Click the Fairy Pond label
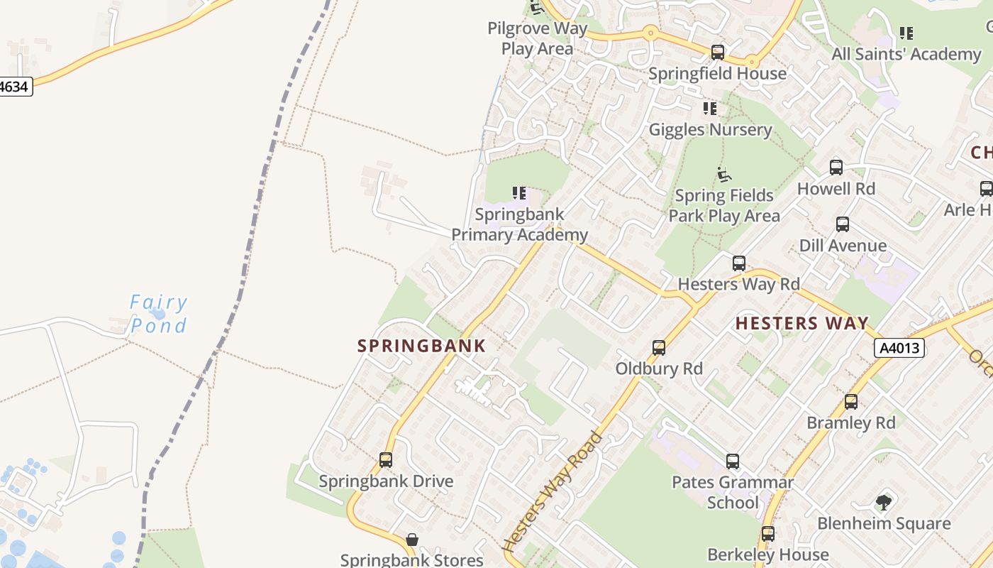click(159, 314)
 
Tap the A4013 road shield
click(900, 348)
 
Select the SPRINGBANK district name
click(422, 346)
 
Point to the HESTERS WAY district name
click(801, 324)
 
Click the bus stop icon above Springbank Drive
click(386, 459)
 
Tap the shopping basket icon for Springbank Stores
click(411, 540)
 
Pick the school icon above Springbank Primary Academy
click(519, 192)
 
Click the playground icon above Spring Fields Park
click(723, 174)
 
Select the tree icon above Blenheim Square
click(883, 503)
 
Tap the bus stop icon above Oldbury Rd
click(659, 348)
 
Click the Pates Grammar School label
click(733, 492)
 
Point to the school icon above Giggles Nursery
click(710, 109)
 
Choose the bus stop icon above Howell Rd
click(836, 168)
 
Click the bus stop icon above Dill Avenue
click(843, 224)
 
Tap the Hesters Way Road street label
click(552, 491)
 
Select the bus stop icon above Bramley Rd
click(851, 402)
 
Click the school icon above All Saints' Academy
click(906, 33)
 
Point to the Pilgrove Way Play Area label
click(538, 38)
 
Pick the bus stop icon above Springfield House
click(718, 52)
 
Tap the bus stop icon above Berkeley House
click(768, 533)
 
